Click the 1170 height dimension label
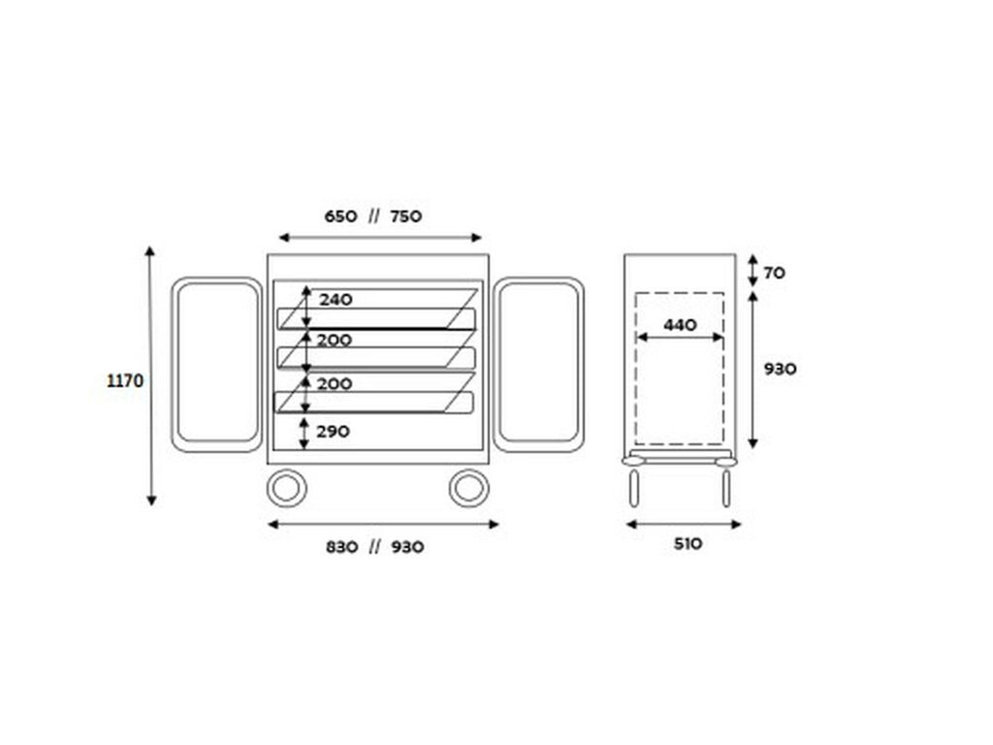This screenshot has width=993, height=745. (x=125, y=380)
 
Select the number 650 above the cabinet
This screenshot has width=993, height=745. (x=340, y=216)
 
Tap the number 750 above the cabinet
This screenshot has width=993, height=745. (x=406, y=216)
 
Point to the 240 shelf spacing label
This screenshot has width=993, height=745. (x=336, y=300)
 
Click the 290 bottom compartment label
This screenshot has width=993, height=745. (x=334, y=432)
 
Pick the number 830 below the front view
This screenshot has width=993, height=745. (x=342, y=547)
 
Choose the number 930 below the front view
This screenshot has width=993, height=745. (x=407, y=547)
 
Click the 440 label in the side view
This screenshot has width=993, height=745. (x=680, y=325)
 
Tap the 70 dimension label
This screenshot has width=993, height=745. (x=774, y=273)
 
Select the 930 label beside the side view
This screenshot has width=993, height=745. (x=780, y=369)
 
